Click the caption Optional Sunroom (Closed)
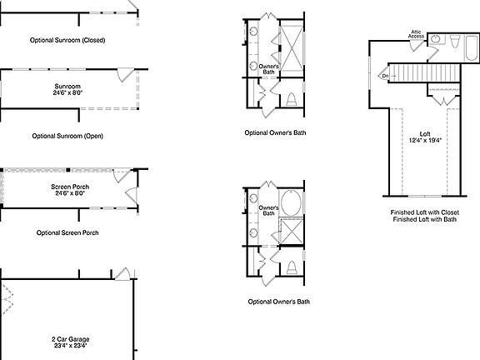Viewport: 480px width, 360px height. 67,40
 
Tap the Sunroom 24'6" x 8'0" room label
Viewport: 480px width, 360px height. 67,89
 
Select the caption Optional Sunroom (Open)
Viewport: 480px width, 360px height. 67,136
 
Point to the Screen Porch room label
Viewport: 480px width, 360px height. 70,190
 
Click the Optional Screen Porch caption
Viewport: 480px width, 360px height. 67,232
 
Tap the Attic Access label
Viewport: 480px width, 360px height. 416,34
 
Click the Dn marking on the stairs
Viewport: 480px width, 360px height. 385,76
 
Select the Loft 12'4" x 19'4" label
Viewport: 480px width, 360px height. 425,137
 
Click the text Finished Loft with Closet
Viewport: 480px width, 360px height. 425,212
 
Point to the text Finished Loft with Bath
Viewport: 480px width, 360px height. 425,219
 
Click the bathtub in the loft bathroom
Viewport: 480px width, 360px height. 472,48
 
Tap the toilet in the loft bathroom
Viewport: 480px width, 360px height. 455,42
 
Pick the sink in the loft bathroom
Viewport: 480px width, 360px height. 435,39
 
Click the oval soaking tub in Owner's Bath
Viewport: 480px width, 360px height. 291,203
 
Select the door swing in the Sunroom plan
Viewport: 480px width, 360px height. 126,75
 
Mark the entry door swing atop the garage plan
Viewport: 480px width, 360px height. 122,273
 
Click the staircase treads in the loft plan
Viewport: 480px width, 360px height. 424,72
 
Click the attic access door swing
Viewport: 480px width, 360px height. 416,45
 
